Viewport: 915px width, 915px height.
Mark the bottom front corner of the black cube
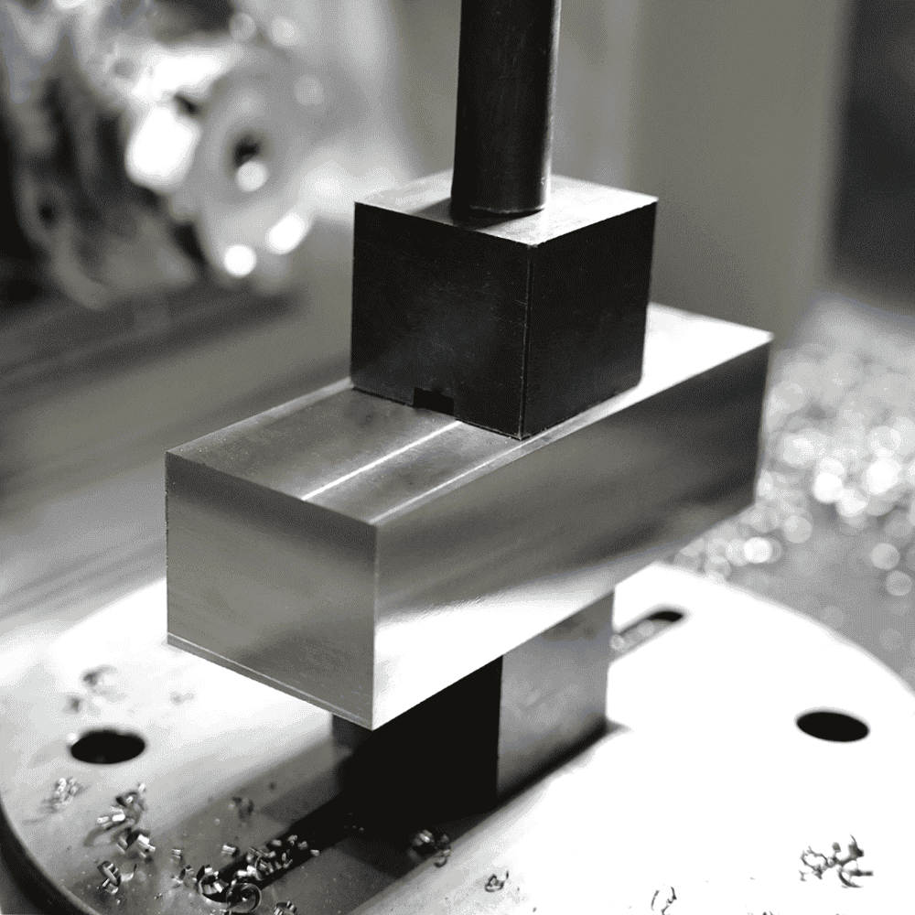coord(522,437)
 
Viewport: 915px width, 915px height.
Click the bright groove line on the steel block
coord(384,467)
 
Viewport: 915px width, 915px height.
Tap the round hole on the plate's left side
coord(107,747)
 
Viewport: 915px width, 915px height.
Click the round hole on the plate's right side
coord(832,726)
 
